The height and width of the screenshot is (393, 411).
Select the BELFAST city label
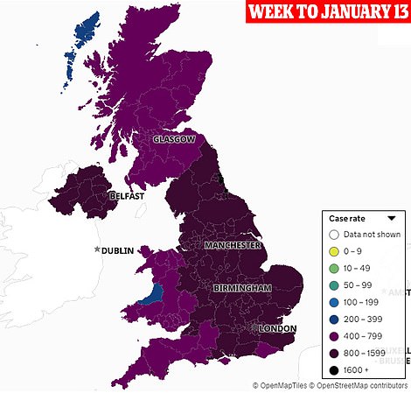coord(126,196)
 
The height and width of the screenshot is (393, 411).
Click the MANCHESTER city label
coord(233,246)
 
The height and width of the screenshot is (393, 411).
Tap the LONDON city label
coord(276,329)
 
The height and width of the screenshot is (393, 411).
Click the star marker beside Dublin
coord(97,250)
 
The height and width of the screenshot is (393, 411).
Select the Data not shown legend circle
coord(333,235)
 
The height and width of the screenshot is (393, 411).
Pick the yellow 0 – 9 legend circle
coord(333,250)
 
